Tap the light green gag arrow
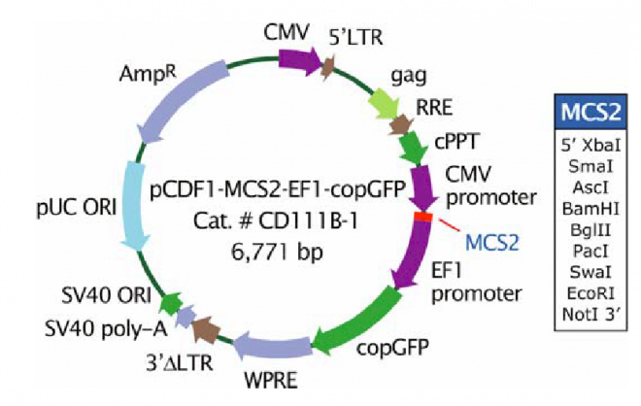[x=379, y=102]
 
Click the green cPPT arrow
[x=412, y=149]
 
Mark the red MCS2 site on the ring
[x=423, y=216]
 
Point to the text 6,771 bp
[x=277, y=253]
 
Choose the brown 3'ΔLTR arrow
[x=205, y=330]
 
